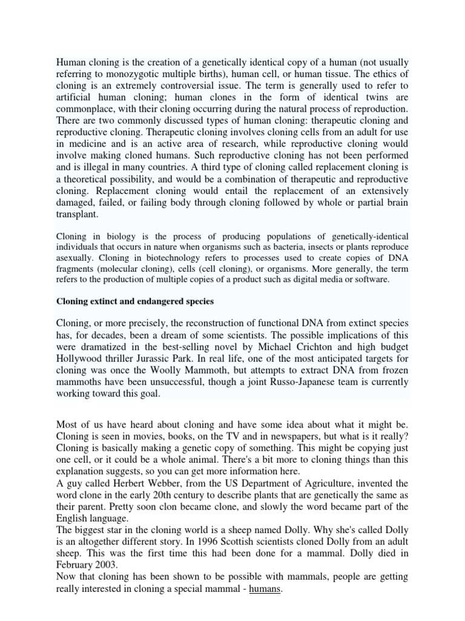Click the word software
click(x=372, y=279)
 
